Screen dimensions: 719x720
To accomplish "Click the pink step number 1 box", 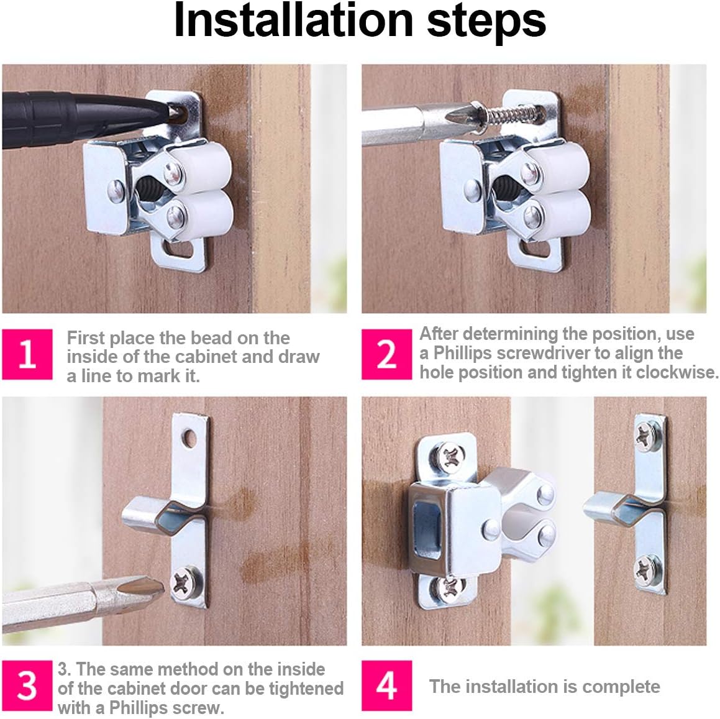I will point(27,354).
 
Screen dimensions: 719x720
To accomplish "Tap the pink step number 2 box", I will point(386,354).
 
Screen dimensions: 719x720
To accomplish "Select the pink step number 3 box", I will point(27,686).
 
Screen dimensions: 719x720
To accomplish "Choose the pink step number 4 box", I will point(386,686).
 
